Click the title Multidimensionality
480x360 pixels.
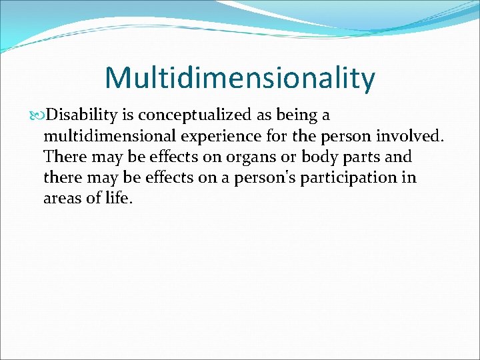(240, 77)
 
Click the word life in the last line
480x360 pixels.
(120, 199)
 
